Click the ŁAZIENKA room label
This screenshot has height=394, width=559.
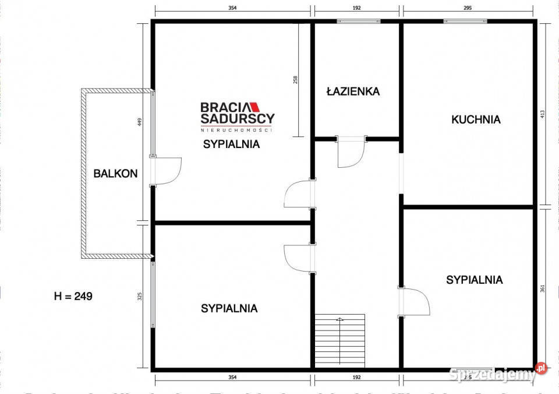353,92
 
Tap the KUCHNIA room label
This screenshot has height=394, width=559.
476,119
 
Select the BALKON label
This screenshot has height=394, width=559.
116,173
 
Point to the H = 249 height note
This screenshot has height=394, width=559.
73,296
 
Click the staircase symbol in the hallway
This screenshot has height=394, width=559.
340,340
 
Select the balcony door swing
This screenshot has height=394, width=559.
168,171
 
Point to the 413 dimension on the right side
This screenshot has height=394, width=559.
543,115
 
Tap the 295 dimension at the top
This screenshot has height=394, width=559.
467,8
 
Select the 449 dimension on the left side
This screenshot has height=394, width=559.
140,122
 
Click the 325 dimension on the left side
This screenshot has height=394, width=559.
140,297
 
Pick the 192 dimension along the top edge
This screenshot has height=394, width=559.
357,8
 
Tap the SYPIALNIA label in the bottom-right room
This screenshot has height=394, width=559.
474,280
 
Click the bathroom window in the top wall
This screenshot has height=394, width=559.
358,22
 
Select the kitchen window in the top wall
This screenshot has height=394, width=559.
465,22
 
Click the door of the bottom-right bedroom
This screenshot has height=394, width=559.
415,301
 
